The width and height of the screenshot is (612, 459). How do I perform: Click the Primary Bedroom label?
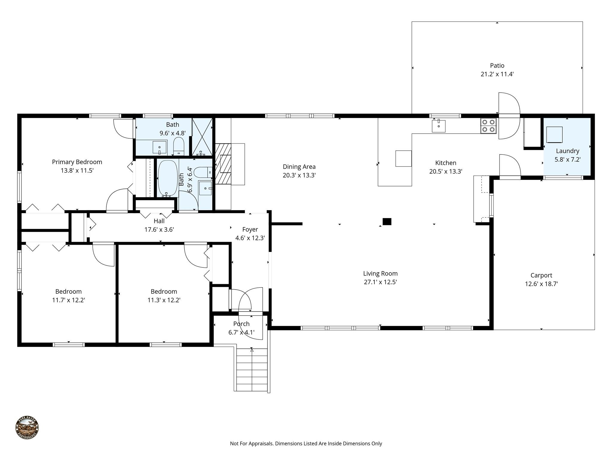pos(77,162)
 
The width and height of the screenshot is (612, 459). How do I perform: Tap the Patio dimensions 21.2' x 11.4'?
pos(497,74)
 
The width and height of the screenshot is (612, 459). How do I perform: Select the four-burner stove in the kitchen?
pos(488,126)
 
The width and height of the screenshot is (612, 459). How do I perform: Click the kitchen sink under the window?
pos(439,126)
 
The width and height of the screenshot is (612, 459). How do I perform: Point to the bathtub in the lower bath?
pos(168,178)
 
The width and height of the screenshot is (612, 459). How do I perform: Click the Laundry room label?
pos(567,151)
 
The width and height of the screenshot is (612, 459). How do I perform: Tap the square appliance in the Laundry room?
pos(554,134)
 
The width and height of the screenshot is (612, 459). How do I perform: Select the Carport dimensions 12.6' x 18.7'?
pos(541,284)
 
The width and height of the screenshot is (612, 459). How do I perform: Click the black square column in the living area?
pos(387,221)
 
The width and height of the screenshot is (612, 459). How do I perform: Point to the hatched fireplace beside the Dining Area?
pos(223,164)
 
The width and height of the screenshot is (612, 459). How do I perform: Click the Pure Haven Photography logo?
pos(27,427)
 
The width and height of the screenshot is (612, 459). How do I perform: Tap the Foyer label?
pos(250,229)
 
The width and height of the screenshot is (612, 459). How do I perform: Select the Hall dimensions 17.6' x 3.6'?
pos(159,230)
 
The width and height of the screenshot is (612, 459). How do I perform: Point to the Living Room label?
pos(380,273)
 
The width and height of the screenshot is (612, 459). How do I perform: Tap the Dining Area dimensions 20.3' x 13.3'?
pos(299,175)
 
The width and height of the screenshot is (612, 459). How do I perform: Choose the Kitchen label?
pos(446,163)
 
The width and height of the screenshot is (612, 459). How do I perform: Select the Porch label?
pos(241,324)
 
